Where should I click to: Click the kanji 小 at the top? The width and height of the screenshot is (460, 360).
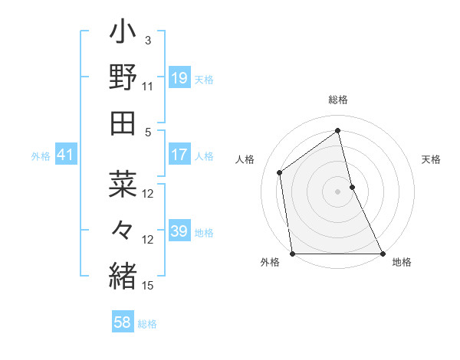[x=123, y=34]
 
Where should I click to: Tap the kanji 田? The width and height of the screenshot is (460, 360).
[x=123, y=123]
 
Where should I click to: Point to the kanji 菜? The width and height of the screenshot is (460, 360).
[x=123, y=184]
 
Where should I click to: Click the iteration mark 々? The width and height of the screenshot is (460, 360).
[x=123, y=229]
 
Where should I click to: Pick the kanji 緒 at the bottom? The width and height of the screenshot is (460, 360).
[x=123, y=273]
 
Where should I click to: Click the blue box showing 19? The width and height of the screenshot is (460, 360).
[x=179, y=77]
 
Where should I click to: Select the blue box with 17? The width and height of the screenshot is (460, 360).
[x=179, y=155]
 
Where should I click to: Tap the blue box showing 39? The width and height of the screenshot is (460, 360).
[x=179, y=231]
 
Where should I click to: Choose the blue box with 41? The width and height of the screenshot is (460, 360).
[x=66, y=155]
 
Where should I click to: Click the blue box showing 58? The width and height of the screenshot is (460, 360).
[x=123, y=322]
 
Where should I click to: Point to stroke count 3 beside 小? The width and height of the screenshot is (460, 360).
[x=148, y=40]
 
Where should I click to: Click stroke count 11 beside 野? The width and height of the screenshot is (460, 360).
[x=148, y=86]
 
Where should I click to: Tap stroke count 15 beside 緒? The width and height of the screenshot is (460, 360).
[x=148, y=285]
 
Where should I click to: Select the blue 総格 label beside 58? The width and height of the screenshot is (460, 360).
[x=147, y=324]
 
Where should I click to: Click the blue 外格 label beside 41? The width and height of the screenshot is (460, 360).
[x=41, y=156]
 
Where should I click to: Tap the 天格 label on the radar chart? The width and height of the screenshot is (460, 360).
[x=432, y=159]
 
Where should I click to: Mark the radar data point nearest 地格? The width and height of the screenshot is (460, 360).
[x=382, y=253]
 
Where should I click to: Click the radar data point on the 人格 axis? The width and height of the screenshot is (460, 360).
[x=280, y=172]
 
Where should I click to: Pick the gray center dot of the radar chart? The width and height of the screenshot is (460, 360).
[x=337, y=191]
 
